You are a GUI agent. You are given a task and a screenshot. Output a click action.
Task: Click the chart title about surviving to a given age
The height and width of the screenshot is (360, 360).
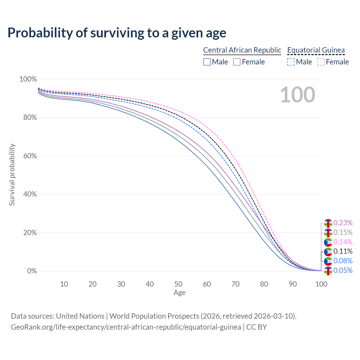[117, 33]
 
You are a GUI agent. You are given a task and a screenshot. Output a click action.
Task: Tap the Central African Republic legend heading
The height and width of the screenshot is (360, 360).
[242, 50]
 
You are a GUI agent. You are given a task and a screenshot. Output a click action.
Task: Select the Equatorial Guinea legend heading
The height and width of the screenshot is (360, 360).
[316, 50]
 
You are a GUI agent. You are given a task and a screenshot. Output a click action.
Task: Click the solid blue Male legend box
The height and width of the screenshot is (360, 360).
[207, 62]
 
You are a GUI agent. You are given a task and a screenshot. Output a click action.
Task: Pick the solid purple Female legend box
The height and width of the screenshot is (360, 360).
[237, 62]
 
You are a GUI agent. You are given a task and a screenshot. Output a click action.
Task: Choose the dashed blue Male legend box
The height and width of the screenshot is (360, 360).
[291, 62]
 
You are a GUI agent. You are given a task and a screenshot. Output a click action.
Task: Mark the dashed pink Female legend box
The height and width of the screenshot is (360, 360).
[321, 62]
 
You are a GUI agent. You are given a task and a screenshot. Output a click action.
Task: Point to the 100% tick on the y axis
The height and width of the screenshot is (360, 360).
[28, 79]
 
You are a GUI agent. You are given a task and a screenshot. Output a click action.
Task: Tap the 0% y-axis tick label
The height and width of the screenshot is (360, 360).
[32, 271]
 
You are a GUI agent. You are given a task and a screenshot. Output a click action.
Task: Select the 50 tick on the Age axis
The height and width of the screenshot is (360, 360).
[178, 284]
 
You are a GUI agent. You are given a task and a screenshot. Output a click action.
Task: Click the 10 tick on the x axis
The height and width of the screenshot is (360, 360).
[64, 284]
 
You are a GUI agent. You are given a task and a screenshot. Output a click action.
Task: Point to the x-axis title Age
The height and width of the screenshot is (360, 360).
[179, 293]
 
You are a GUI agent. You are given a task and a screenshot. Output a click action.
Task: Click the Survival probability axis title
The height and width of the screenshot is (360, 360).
[12, 175]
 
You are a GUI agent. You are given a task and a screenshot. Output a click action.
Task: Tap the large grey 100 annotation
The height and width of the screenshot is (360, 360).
[298, 95]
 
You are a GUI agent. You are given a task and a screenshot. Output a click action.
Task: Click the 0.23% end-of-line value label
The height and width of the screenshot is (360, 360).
[343, 223]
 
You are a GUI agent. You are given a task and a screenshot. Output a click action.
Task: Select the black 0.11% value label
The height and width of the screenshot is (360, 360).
[343, 251]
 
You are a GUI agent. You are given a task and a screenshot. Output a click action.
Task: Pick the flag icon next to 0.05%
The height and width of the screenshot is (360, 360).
[328, 271]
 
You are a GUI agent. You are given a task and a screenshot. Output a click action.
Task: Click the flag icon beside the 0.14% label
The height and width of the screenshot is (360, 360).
[328, 242]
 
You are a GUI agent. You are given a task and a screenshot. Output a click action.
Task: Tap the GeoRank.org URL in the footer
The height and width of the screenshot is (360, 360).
[126, 327]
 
